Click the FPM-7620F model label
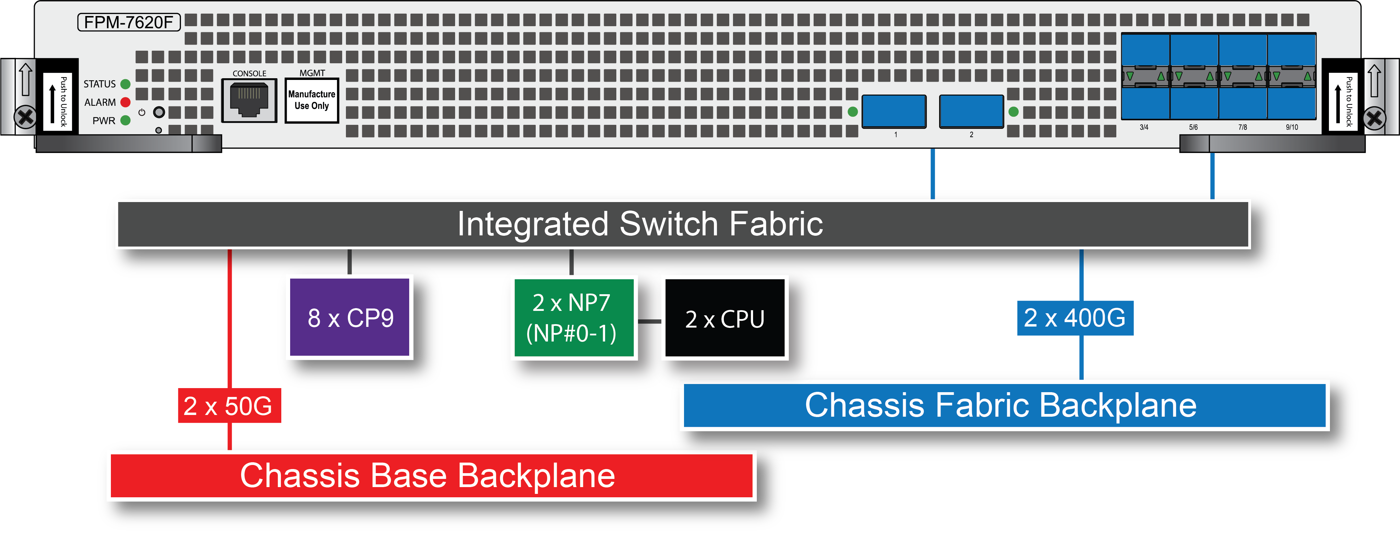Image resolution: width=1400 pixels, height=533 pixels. pos(129,22)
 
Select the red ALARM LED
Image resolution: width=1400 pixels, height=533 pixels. pos(126,102)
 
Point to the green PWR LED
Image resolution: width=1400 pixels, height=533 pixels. pos(126,120)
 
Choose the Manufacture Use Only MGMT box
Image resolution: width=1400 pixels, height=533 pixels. pos(312,100)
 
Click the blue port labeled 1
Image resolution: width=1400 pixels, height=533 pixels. pos(894,111)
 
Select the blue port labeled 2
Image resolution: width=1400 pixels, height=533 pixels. pos(971,111)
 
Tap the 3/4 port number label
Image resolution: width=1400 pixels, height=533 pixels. pos(1144,127)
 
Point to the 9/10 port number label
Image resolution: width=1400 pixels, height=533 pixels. pos(1292,127)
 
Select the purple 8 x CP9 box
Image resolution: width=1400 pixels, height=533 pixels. pos(351,317)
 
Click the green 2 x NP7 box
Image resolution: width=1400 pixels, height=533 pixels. pos(573,317)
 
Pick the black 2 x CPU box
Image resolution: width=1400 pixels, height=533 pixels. pos(724,318)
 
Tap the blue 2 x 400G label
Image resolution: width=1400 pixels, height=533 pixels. pos(1075,318)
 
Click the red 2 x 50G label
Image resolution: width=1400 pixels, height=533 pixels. pos(229,406)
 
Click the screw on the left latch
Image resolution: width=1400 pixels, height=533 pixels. pos(25,117)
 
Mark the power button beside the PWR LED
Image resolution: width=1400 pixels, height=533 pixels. pos(159,113)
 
